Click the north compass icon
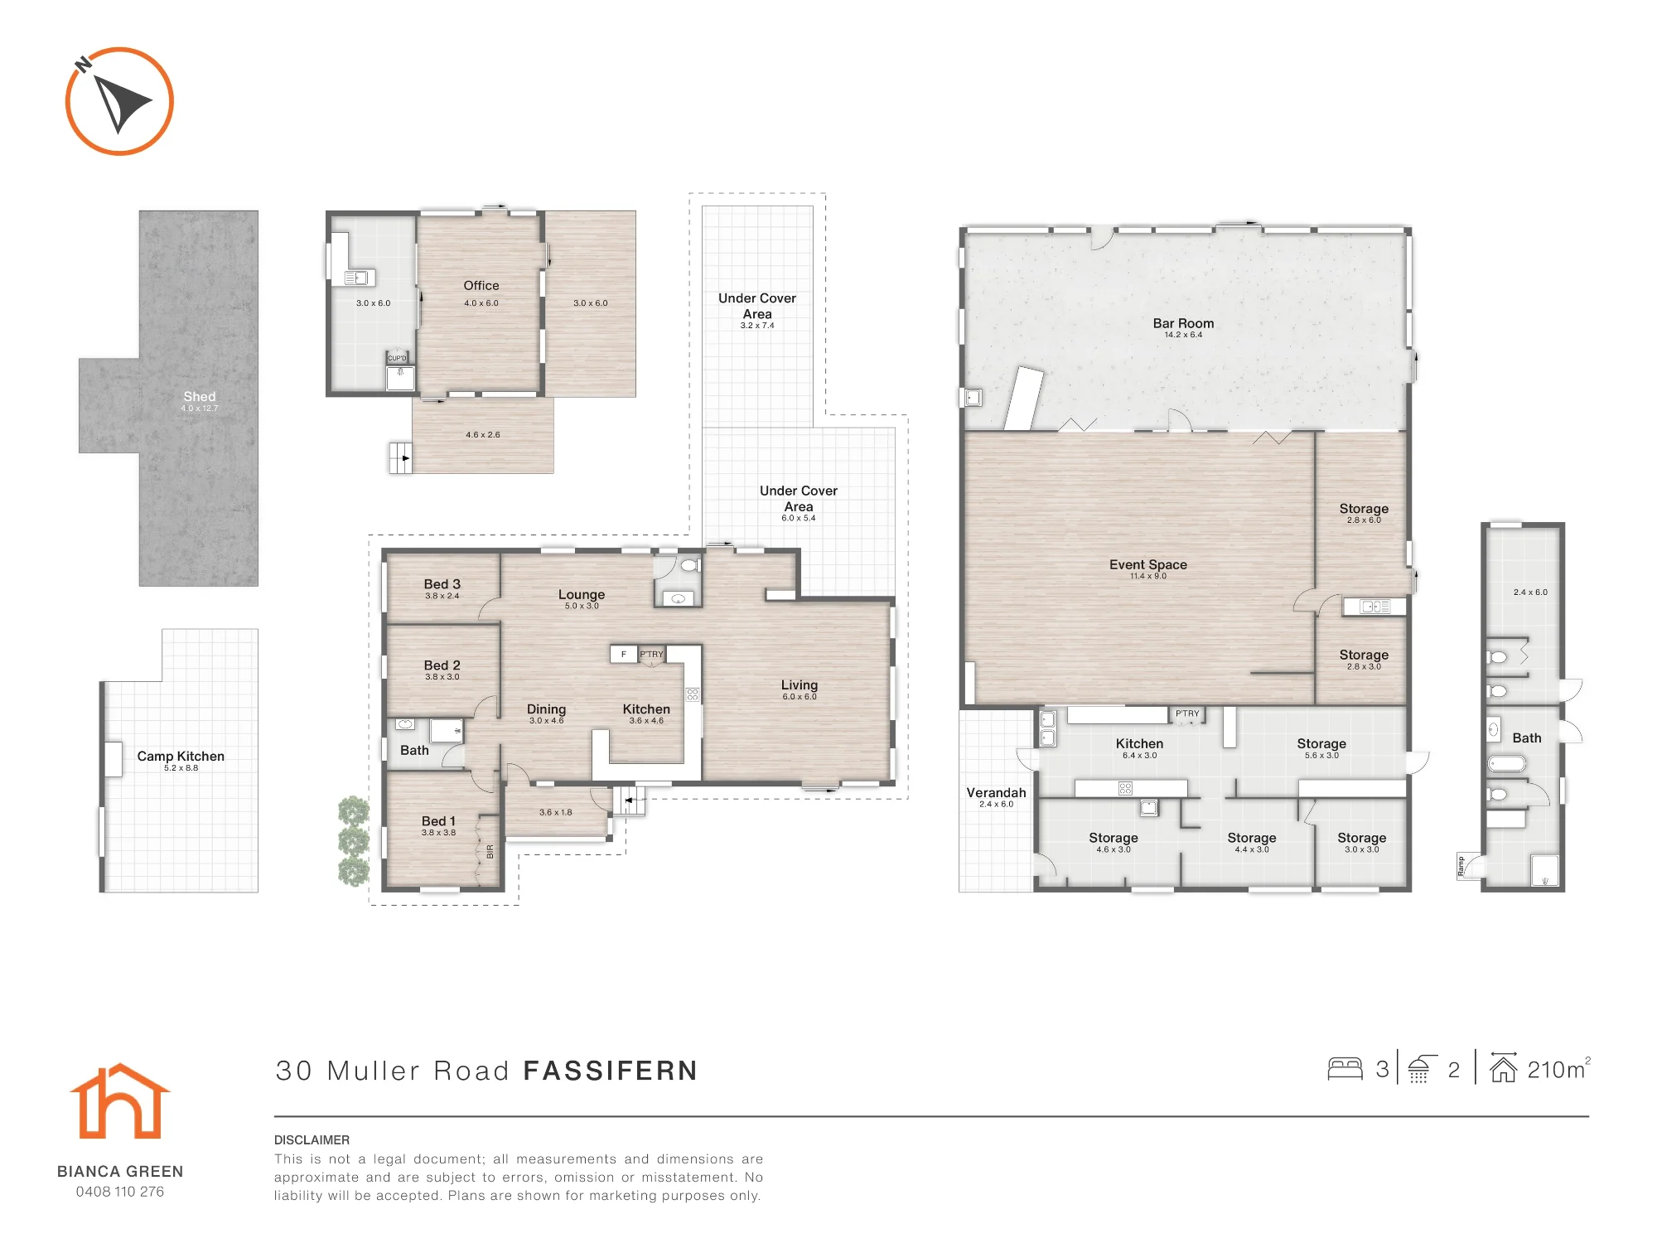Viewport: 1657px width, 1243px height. click(x=119, y=101)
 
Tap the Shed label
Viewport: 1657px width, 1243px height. click(x=200, y=397)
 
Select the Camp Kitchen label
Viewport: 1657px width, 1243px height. click(x=181, y=756)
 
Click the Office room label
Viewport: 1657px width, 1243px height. click(x=481, y=285)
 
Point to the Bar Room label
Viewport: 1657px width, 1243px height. click(x=1183, y=323)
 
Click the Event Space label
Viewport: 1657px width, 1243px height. click(x=1148, y=564)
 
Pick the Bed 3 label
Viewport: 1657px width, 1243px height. click(x=442, y=584)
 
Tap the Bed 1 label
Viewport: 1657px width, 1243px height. click(x=438, y=821)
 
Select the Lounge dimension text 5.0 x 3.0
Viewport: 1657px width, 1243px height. click(x=582, y=606)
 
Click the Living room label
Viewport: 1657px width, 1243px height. click(x=800, y=685)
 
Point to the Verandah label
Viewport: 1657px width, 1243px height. click(x=996, y=793)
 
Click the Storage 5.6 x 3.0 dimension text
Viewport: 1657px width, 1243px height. click(x=1321, y=756)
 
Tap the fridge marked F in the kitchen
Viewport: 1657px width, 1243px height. click(x=624, y=654)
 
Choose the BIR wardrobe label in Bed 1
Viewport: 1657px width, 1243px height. click(x=490, y=851)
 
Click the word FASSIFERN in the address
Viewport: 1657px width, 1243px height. click(x=611, y=1071)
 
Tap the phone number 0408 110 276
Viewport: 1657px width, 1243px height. click(x=120, y=1192)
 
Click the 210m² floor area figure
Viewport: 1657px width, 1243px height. click(x=1558, y=1069)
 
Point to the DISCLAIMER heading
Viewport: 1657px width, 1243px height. click(x=312, y=1140)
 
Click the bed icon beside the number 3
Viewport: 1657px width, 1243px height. click(x=1345, y=1069)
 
